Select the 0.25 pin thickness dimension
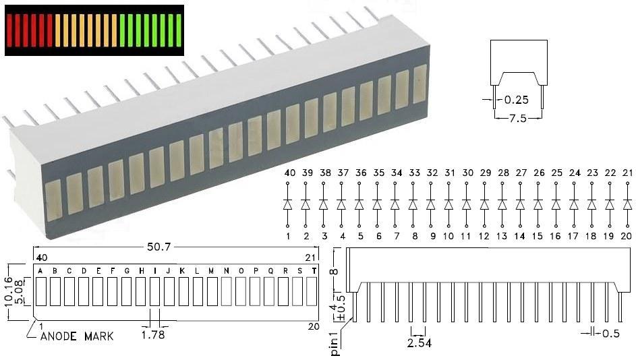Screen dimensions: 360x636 tap(516, 101)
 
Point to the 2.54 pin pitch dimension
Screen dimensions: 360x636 tap(418, 342)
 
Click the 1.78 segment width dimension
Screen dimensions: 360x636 tap(153, 334)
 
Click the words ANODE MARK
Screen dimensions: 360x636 tap(77, 336)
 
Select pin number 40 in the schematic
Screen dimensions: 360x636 tap(288, 173)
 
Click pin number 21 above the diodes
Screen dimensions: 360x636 tap(626, 173)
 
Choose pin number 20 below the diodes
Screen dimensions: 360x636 tap(626, 236)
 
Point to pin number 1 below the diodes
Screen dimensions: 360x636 tap(288, 236)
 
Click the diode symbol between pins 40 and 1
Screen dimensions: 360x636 tap(288, 204)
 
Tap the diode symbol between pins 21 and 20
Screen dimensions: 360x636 tap(626, 204)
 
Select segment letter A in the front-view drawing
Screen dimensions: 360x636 tap(40, 271)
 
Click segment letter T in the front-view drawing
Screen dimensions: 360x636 tap(313, 271)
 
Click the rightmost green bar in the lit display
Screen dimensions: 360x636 tap(178, 30)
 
